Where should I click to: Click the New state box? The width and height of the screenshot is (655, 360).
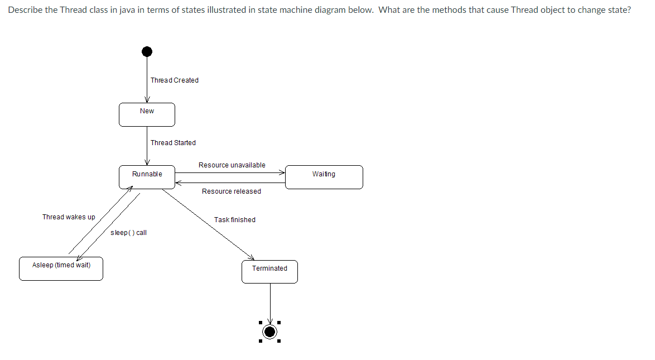click(147, 114)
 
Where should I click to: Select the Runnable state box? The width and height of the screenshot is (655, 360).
click(147, 177)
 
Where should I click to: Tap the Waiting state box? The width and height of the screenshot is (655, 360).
click(324, 177)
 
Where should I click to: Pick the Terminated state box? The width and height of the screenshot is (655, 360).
click(269, 271)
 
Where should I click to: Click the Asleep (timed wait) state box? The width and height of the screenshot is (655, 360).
click(61, 268)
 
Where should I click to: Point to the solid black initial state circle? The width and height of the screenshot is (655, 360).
click(147, 51)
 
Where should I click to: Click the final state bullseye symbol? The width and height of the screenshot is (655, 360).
click(270, 332)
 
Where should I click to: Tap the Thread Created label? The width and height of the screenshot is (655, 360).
click(175, 80)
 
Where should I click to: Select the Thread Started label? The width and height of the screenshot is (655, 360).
click(173, 143)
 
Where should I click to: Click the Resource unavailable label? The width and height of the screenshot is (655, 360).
click(232, 165)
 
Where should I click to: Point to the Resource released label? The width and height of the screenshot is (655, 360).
click(231, 191)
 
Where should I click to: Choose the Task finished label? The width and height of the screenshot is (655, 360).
click(235, 220)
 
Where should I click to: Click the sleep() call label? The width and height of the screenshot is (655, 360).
click(128, 233)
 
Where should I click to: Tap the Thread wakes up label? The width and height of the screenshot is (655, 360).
click(69, 217)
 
